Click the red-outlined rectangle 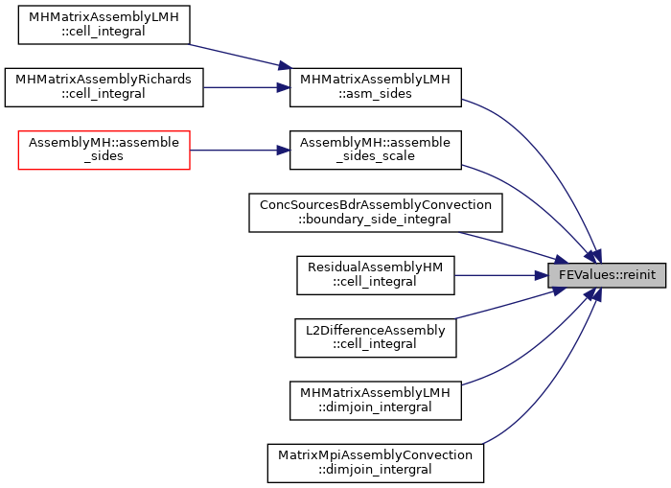(104, 151)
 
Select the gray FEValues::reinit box (606, 275)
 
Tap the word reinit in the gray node (638, 275)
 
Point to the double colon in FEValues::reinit (614, 275)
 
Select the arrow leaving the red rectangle (235, 151)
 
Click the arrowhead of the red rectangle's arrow (284, 151)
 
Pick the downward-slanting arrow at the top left (235, 55)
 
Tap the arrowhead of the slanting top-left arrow (285, 66)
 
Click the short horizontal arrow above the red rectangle (240, 87)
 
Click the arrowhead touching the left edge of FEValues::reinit (542, 275)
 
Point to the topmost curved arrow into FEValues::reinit (537, 144)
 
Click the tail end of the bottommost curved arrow (483, 444)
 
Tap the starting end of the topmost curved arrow (463, 99)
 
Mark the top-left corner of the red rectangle (18, 131)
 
